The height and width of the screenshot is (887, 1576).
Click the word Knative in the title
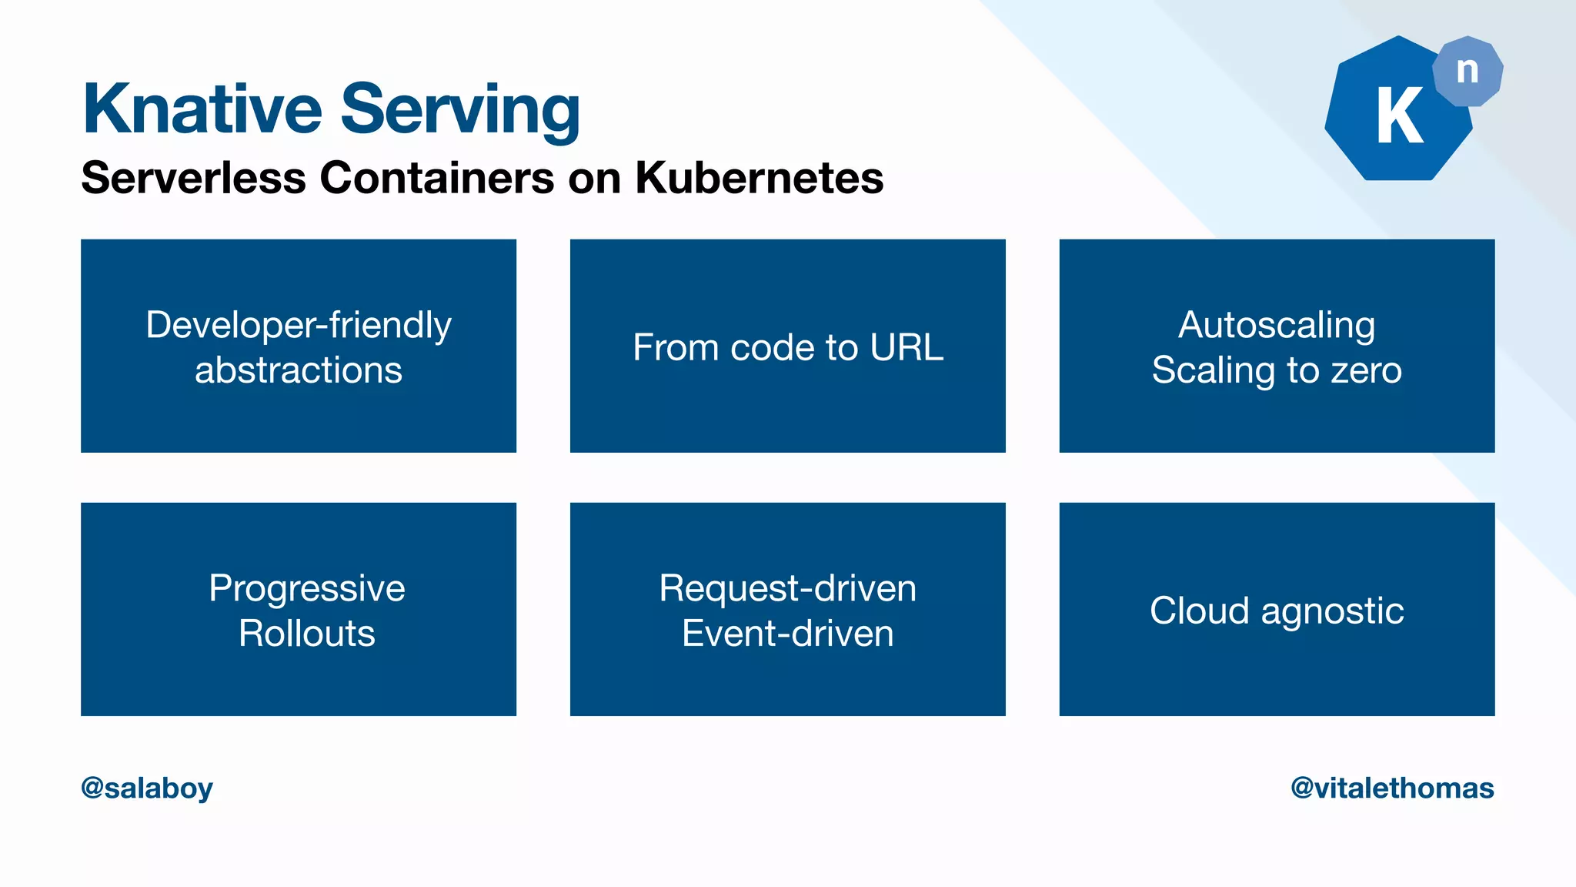(202, 109)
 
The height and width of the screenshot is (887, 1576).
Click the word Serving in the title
(460, 112)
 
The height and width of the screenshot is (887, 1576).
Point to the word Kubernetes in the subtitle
(759, 178)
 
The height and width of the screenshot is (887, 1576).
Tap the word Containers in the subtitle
(436, 178)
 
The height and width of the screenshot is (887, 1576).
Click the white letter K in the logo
(1399, 116)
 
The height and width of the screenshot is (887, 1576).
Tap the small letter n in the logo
(1467, 71)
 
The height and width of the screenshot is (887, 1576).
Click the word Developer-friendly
(299, 325)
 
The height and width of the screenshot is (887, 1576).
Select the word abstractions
(299, 370)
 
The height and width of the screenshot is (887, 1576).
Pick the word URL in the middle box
(907, 347)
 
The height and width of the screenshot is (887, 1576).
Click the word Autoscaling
(1277, 325)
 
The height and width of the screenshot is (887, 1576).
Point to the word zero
(1366, 370)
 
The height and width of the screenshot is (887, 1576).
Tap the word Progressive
(307, 589)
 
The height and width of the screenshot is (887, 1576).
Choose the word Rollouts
(307, 634)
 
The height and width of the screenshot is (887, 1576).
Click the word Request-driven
(788, 588)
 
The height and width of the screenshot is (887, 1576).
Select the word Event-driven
(788, 634)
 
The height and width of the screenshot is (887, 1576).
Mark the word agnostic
(1332, 612)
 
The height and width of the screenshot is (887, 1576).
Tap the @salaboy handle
(147, 788)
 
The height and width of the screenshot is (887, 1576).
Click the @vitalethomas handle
(1392, 788)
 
